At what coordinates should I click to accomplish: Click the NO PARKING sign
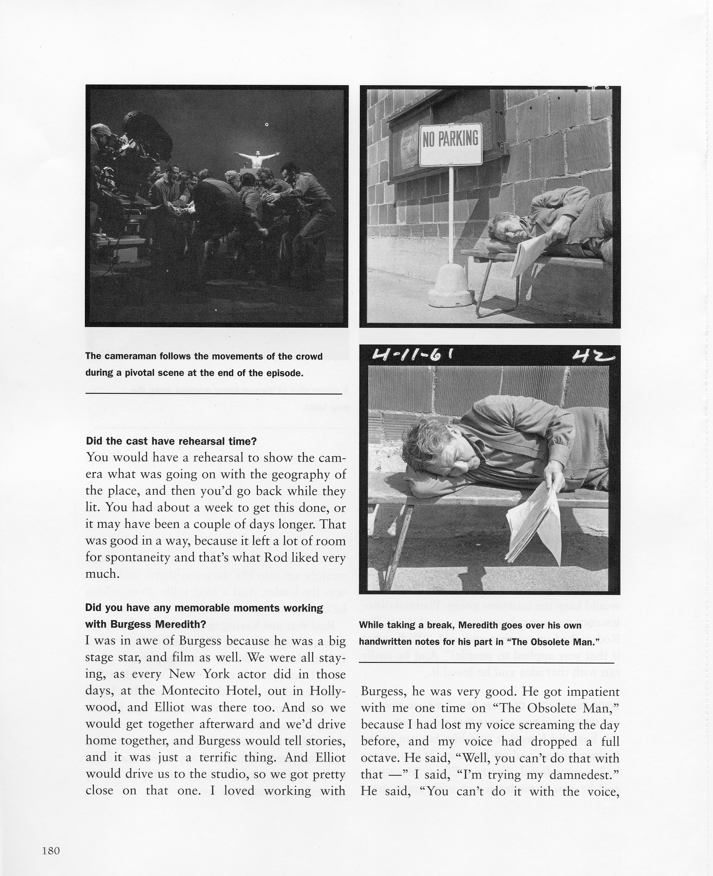click(450, 145)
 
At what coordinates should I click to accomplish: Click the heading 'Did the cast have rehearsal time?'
click(171, 442)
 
